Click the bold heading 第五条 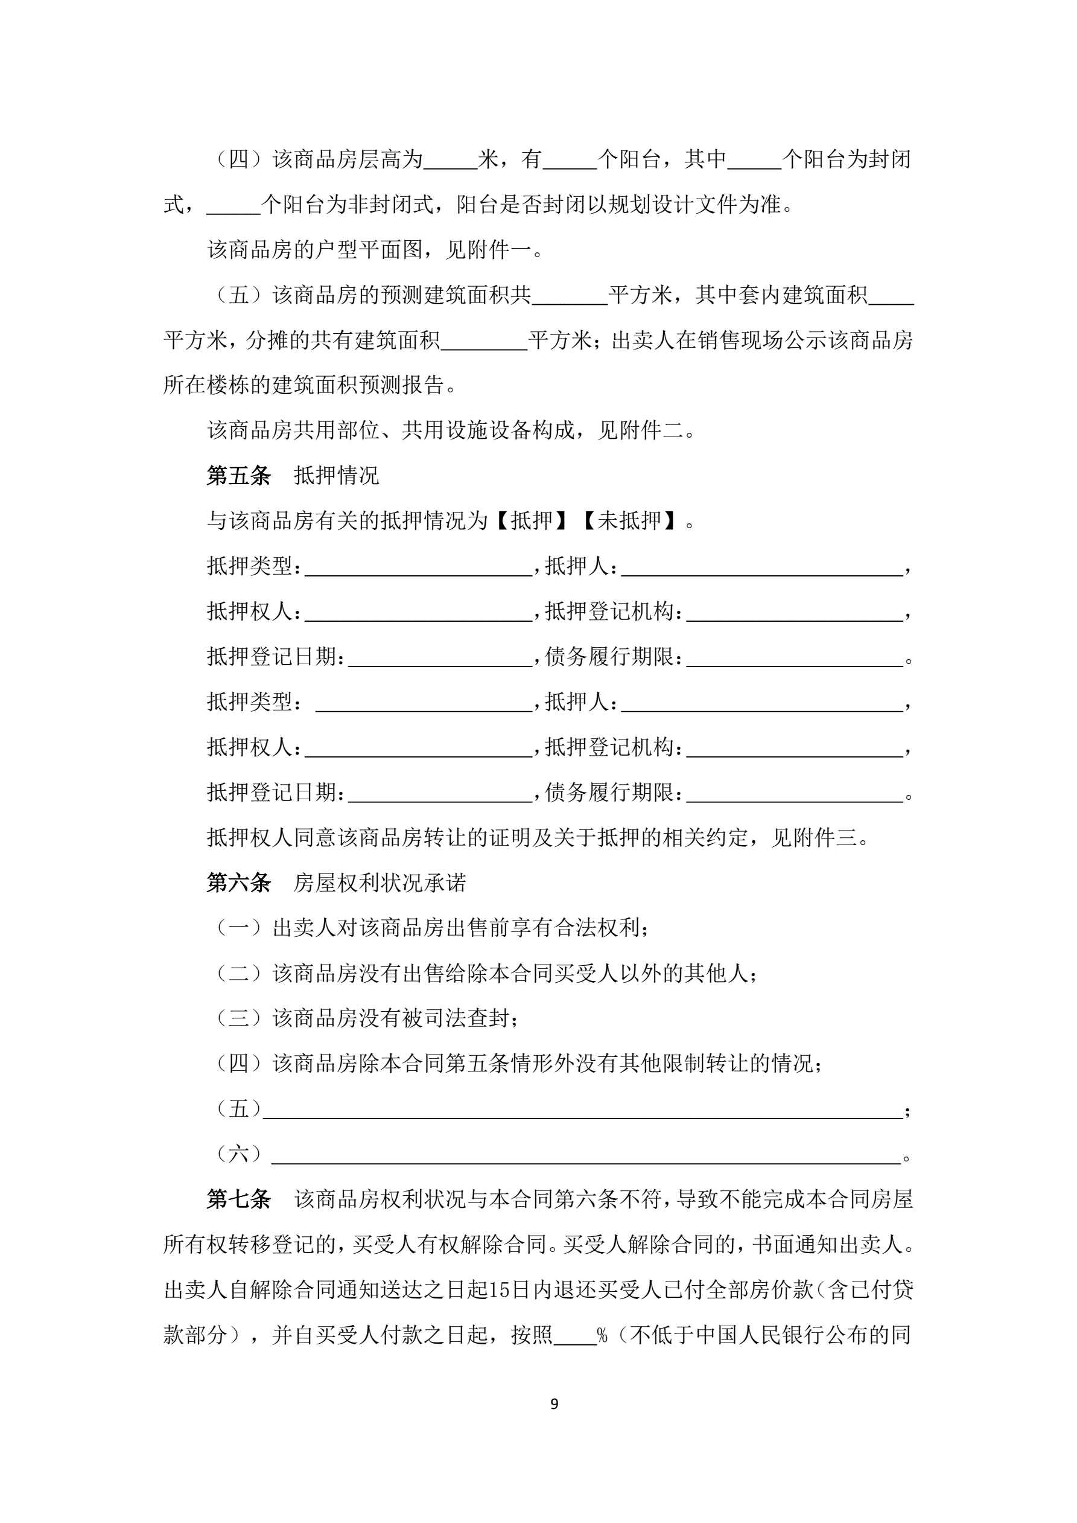[239, 476]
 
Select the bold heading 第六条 [239, 883]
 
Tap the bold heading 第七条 [239, 1199]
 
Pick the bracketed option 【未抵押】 [630, 521]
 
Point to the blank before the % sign [575, 1335]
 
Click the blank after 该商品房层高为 [450, 161]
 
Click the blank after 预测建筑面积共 [570, 296]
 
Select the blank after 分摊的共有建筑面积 [484, 341]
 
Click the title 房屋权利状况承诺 [380, 883]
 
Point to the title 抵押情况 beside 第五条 [336, 476]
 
